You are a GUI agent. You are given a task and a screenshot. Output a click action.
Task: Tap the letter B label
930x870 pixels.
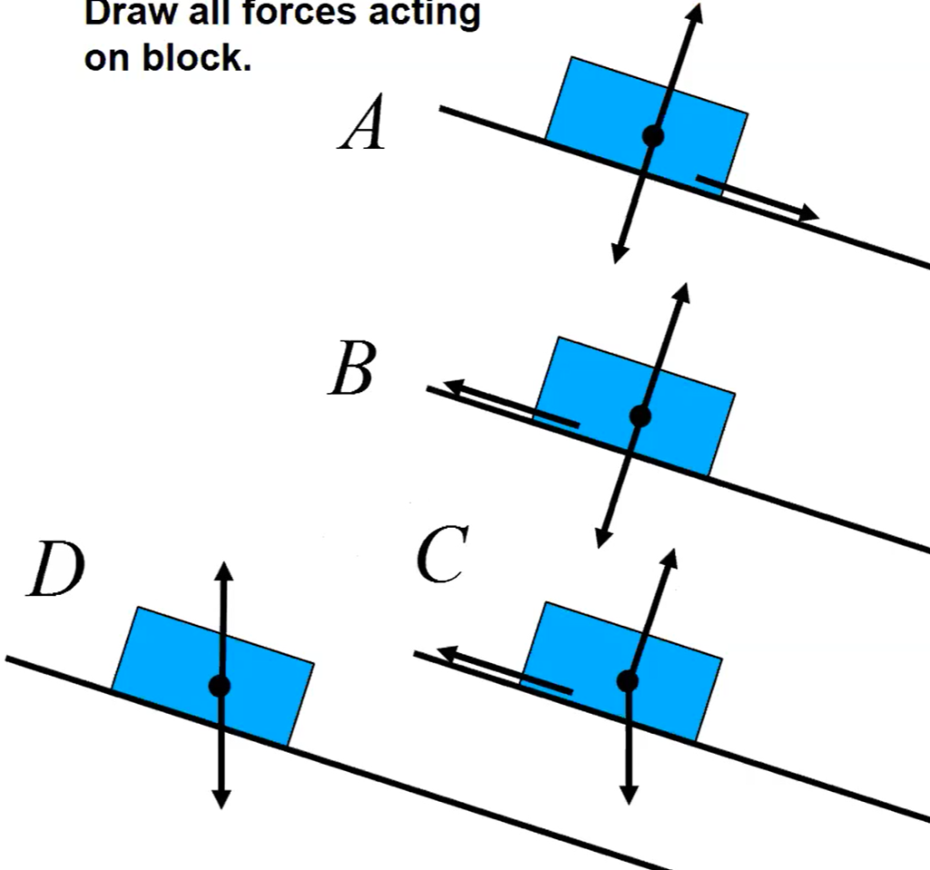(351, 371)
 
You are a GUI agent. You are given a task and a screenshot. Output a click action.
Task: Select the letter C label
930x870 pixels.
(442, 555)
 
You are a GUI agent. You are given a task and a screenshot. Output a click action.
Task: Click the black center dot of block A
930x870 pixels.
(652, 136)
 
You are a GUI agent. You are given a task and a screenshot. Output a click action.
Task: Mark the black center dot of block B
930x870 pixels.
(640, 416)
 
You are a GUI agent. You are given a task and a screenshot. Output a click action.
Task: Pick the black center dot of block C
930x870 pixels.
(628, 680)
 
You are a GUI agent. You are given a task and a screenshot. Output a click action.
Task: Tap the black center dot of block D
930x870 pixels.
(219, 686)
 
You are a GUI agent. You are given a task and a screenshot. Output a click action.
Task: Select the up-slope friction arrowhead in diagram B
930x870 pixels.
(440, 387)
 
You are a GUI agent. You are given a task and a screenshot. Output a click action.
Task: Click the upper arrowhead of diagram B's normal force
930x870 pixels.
(682, 293)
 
